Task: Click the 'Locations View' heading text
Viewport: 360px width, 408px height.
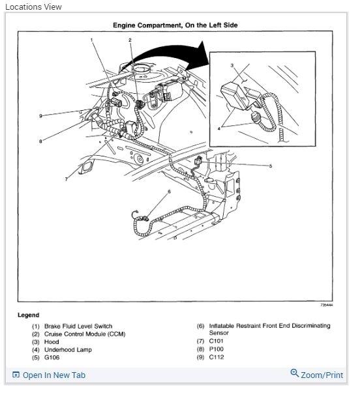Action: coord(33,7)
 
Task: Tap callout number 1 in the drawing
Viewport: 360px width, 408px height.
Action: coord(92,40)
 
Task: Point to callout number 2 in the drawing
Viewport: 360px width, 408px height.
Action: coord(130,40)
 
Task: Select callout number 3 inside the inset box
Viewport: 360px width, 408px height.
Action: coord(232,65)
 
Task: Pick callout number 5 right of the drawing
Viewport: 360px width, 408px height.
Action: coord(271,166)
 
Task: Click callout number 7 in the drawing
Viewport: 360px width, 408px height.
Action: coord(66,179)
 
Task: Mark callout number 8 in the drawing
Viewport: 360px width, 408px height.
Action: coord(40,141)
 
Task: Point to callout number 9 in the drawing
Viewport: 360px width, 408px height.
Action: coord(40,116)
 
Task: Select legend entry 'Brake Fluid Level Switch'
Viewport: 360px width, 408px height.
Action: coord(78,326)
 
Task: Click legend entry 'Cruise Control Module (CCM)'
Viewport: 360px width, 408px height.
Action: coord(85,334)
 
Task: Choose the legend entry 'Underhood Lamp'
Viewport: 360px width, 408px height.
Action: coord(68,349)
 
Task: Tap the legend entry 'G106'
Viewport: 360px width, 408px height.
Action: coord(52,357)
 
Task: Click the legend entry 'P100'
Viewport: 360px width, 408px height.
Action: coord(217,349)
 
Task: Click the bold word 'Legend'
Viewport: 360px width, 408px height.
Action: coord(28,315)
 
